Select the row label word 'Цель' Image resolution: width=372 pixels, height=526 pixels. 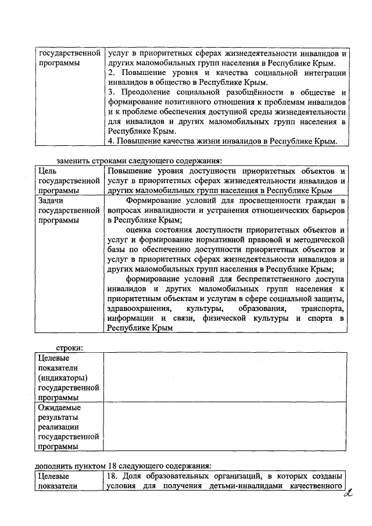(47, 171)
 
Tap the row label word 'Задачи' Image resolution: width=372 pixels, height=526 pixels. (51, 201)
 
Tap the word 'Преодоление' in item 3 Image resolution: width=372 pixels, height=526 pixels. (142, 93)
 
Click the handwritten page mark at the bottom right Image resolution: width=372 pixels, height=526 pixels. (348, 496)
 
